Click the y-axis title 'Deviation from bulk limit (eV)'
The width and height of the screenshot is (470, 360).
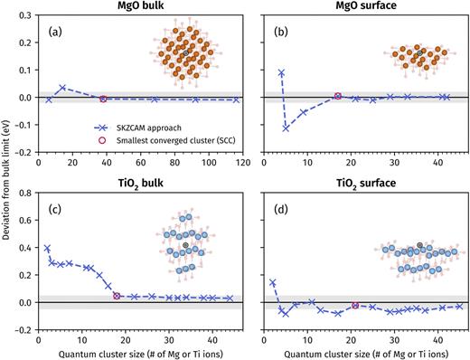point(7,172)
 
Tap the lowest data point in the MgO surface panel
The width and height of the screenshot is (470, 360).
point(286,128)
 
